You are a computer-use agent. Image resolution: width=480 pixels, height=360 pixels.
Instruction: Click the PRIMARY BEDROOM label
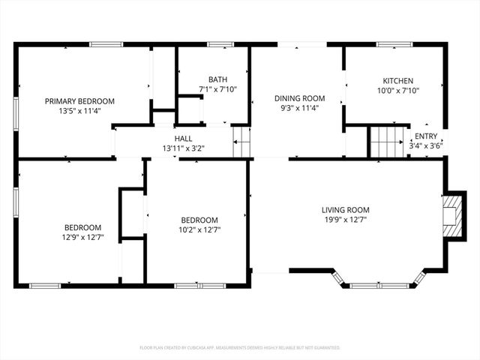(x=79, y=101)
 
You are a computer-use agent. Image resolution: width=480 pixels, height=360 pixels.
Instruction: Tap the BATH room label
(x=217, y=79)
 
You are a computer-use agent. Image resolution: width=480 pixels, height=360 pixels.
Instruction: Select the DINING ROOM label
(x=299, y=98)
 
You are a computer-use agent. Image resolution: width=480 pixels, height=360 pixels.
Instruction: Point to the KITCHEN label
(x=397, y=81)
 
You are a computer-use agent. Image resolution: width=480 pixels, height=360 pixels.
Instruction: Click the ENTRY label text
(x=425, y=136)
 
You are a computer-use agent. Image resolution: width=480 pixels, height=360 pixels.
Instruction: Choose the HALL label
(x=183, y=139)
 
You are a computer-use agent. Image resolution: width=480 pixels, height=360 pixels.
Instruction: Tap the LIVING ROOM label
(x=346, y=210)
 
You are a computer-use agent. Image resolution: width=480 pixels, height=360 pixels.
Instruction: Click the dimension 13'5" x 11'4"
(x=79, y=111)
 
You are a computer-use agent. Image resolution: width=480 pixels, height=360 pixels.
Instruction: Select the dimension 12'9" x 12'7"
(x=82, y=238)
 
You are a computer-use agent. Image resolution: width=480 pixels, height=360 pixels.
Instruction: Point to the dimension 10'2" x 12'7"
(x=200, y=229)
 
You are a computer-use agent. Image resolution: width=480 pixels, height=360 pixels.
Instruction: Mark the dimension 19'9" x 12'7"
(x=346, y=220)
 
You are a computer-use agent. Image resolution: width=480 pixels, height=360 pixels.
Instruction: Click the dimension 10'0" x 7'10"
(x=397, y=91)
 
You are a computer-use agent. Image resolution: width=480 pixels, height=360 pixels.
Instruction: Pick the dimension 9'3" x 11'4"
(x=299, y=108)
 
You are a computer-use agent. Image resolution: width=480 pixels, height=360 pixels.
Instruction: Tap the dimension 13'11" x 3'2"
(x=183, y=148)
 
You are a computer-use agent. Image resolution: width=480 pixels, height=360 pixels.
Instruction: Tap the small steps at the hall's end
(x=241, y=142)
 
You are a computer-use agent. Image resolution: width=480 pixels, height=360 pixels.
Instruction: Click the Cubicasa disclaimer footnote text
(x=240, y=348)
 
